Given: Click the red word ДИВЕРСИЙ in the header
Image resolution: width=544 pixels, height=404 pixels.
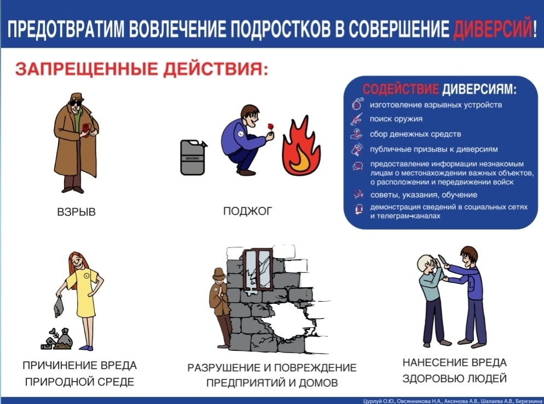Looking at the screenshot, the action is click(493, 28).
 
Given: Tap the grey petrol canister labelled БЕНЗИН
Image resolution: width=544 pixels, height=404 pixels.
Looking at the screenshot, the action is click(193, 157).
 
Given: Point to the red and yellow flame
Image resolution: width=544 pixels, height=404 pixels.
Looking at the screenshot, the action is click(301, 146).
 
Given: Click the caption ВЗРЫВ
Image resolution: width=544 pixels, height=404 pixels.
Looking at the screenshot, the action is click(76, 212).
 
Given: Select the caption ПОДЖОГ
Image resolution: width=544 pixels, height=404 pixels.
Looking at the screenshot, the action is click(247, 211).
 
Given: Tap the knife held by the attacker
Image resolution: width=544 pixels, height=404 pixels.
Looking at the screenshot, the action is click(442, 261).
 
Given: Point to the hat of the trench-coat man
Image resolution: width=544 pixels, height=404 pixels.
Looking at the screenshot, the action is click(77, 97).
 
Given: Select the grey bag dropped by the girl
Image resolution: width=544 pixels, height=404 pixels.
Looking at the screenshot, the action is click(59, 307).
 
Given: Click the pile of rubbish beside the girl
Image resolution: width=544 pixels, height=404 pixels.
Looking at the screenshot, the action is click(57, 339).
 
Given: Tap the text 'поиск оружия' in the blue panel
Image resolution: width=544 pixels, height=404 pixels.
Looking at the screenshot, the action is click(396, 119).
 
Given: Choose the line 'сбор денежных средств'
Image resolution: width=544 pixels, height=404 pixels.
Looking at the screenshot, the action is click(415, 134).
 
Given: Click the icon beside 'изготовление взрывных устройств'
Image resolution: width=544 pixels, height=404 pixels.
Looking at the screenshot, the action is click(358, 104).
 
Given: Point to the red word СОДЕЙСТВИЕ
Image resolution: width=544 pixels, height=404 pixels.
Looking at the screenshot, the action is click(401, 89).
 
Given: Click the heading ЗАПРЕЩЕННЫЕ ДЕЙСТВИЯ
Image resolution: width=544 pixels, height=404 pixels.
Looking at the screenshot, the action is click(142, 68).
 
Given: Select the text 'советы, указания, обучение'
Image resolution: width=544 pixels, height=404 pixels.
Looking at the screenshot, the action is click(424, 195).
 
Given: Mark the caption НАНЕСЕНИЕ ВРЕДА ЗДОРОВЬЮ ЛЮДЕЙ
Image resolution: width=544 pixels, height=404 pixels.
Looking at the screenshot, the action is click(454, 370).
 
